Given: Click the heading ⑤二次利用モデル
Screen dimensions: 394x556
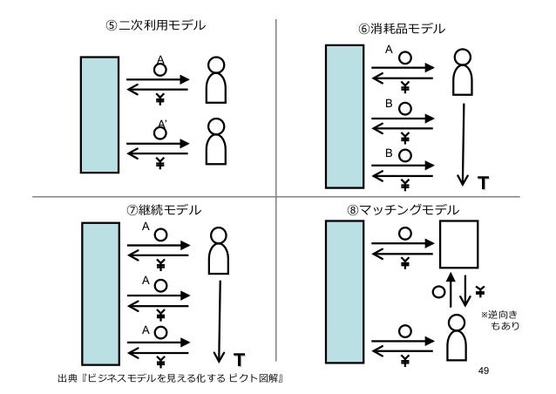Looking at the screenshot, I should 156,25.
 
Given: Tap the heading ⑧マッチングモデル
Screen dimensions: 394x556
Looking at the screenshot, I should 402,209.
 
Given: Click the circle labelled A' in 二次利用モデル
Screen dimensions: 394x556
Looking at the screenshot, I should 160,132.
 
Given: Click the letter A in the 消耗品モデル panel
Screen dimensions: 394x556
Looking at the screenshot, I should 388,50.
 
